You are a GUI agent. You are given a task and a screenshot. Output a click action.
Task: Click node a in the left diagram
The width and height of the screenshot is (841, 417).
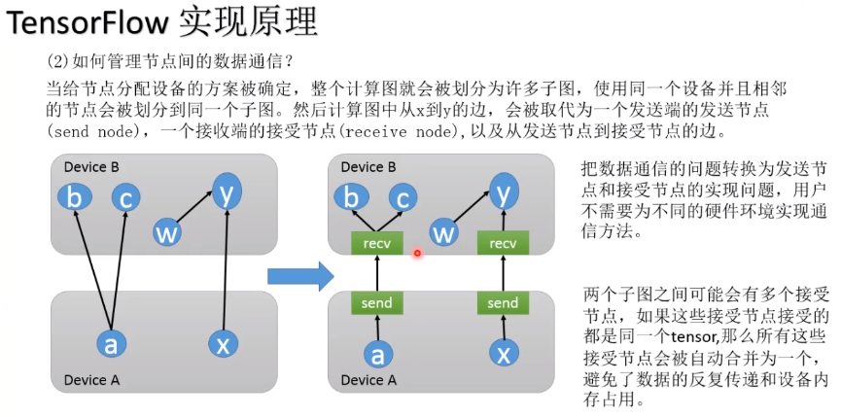[112, 343]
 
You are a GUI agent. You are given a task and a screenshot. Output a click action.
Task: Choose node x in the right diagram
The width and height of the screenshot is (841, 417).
[503, 351]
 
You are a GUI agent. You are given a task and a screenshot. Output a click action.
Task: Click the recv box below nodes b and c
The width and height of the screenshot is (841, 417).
[376, 243]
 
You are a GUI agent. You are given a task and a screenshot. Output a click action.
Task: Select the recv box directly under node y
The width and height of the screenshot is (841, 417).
[503, 243]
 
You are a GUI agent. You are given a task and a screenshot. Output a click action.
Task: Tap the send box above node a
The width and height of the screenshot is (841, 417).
[376, 302]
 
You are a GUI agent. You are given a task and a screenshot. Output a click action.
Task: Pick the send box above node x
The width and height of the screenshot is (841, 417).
[503, 302]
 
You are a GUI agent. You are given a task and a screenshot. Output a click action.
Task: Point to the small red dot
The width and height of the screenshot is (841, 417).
[417, 254]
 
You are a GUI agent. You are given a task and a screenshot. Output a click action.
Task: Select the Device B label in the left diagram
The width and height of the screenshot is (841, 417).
[91, 167]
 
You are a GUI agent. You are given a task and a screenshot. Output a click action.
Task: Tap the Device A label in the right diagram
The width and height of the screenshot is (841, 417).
[368, 380]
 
